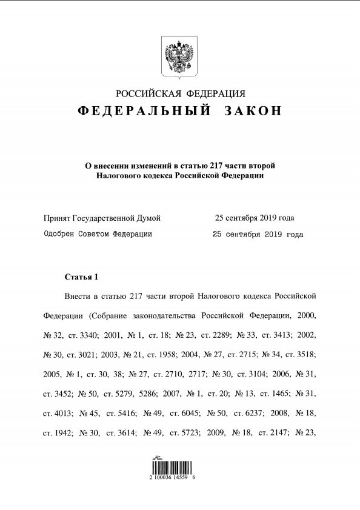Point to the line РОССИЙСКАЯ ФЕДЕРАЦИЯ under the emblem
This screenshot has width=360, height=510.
(180, 93)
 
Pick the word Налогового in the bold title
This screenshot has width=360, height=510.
(118, 176)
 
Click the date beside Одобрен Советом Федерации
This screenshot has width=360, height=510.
(258, 234)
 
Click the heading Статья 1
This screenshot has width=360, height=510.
(81, 277)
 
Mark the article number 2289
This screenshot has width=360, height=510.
(218, 335)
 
